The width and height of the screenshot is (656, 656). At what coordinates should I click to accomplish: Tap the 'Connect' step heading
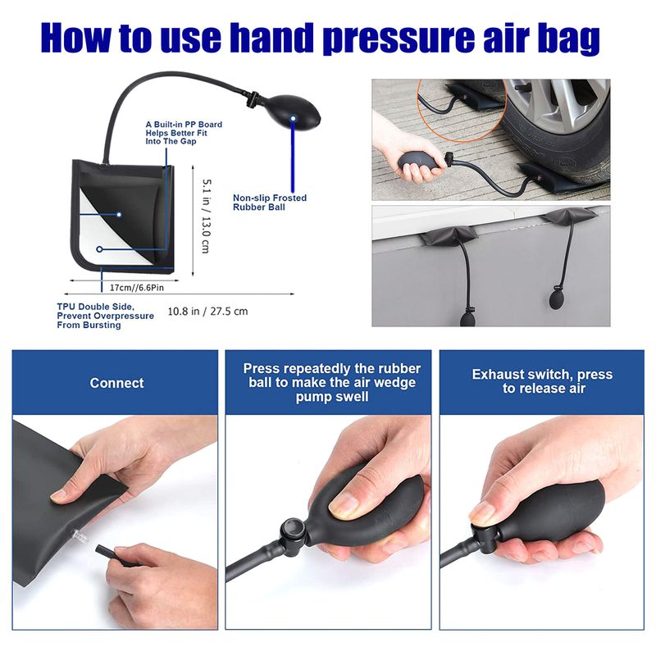tap(116, 383)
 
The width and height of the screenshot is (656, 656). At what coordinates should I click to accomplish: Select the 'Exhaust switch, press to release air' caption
tap(542, 381)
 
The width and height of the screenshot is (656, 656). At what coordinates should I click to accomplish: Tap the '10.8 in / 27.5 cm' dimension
tap(207, 311)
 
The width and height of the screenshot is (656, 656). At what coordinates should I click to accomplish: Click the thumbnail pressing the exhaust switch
tap(481, 513)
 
